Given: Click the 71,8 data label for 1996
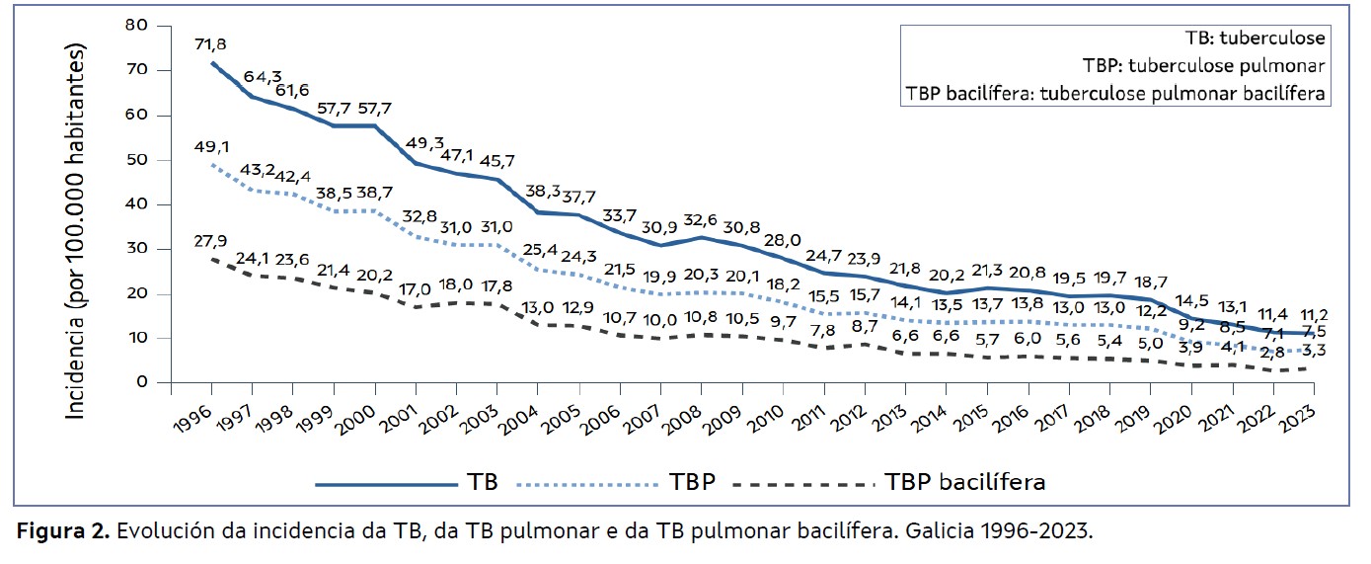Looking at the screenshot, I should [x=212, y=46].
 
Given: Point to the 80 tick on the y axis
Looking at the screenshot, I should [x=136, y=25].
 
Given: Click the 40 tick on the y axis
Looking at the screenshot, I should [x=136, y=203].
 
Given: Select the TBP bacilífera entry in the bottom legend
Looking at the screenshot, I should [x=965, y=482].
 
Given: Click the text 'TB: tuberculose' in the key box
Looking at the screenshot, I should [x=1255, y=40].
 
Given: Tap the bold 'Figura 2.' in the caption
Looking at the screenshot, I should [x=63, y=531].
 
